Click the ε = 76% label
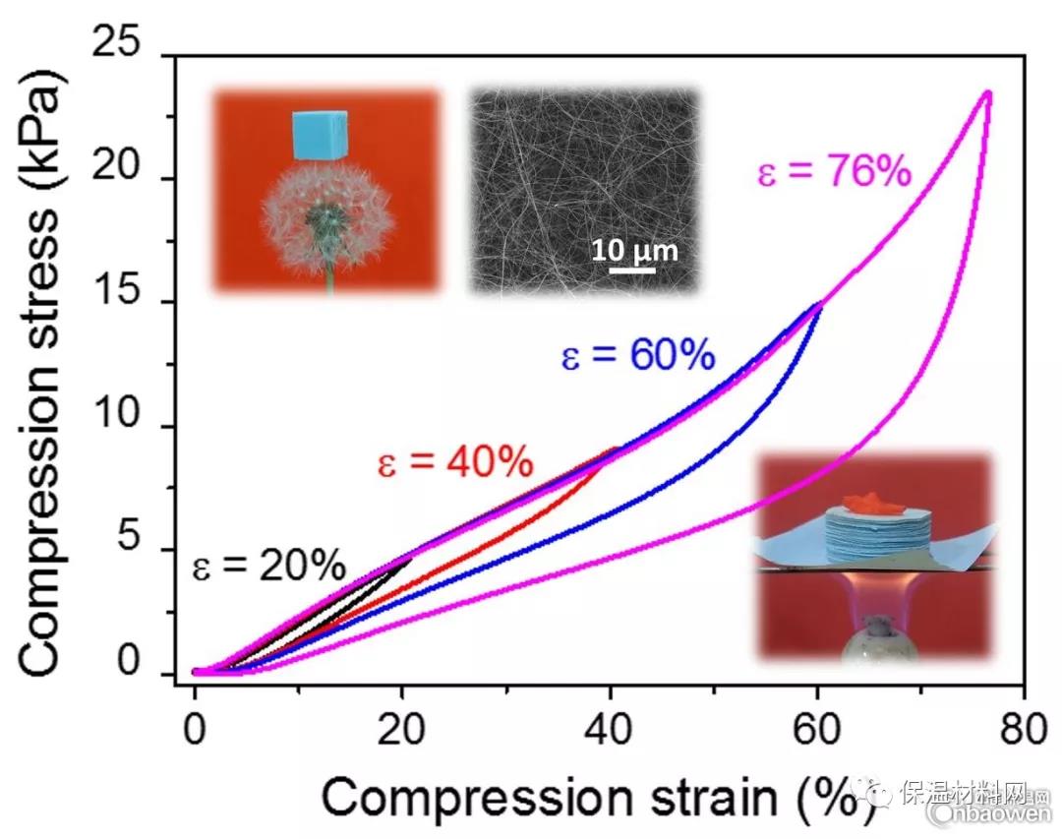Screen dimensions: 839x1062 833,174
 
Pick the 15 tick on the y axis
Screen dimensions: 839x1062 130,303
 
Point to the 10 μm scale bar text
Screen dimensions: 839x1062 634,250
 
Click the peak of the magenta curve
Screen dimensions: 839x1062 987,93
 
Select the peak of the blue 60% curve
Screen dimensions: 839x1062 819,305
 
